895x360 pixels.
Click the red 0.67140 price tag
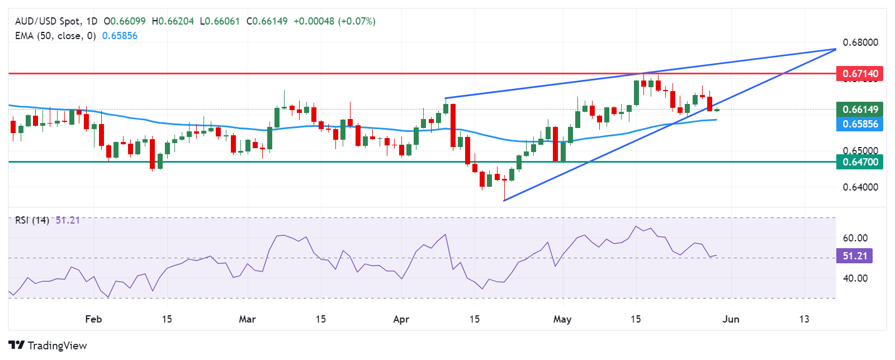[x=860, y=74]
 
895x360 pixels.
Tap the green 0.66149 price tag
[x=860, y=110]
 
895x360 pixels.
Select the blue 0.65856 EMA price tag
[x=860, y=124]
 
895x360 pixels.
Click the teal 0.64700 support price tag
[x=860, y=162]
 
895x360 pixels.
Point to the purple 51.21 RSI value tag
[x=854, y=256]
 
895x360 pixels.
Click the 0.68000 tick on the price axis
[x=860, y=42]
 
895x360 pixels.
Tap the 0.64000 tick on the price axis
[x=860, y=187]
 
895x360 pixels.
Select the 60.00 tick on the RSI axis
[x=855, y=238]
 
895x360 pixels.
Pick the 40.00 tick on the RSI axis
[x=855, y=278]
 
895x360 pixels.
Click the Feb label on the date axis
[x=93, y=319]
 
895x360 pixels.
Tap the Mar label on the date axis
[x=247, y=319]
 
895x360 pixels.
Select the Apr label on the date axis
[x=401, y=319]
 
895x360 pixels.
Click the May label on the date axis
[x=562, y=319]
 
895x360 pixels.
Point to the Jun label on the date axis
[x=731, y=319]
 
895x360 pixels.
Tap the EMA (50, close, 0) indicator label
[x=55, y=36]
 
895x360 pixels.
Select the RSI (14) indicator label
[x=32, y=220]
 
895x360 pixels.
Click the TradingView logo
[x=48, y=345]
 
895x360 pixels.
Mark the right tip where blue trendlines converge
[x=835, y=49]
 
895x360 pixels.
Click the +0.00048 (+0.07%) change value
[x=334, y=21]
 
